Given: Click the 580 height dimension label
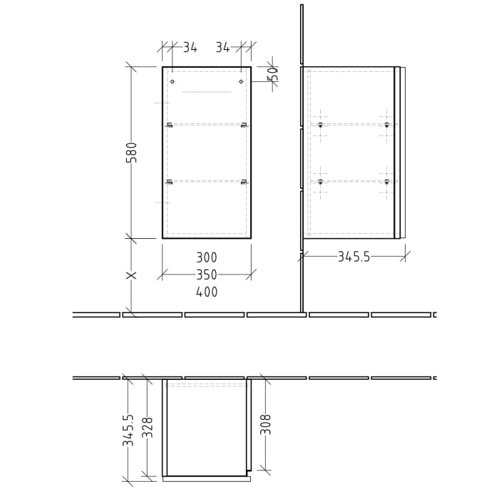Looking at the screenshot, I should [132, 152].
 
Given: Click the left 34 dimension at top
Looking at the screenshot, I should [190, 48].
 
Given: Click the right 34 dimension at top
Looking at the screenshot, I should [223, 48].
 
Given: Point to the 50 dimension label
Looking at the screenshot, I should [272, 73].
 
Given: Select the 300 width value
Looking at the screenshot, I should [207, 257].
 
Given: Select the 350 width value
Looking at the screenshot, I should [207, 274].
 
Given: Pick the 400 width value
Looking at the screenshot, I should [207, 292].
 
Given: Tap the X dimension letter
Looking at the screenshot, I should [131, 275].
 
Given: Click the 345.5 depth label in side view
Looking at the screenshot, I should [354, 257].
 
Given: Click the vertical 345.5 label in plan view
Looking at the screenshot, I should [128, 431].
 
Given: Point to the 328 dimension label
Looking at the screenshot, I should [148, 427].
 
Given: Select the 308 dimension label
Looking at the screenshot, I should [266, 424].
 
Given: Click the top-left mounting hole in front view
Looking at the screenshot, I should [173, 82].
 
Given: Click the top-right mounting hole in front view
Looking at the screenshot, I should [241, 82].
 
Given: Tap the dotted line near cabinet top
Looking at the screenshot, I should [207, 92].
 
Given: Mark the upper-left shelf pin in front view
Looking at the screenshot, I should [170, 125].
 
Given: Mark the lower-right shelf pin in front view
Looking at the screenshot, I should [244, 182].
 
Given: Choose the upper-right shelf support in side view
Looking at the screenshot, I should [387, 125].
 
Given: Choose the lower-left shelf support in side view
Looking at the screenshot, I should [320, 182].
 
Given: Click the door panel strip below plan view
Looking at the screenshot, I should [207, 479].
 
